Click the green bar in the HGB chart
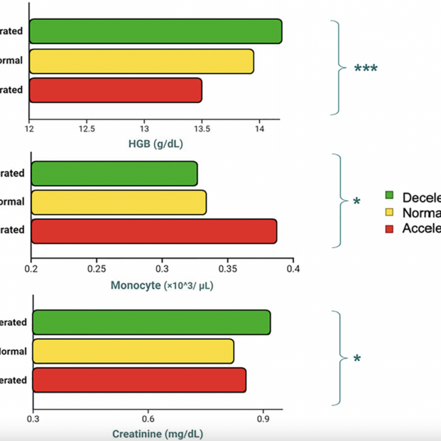[156, 31]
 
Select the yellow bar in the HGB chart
[141, 61]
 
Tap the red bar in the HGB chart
[116, 90]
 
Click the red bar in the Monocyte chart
[154, 231]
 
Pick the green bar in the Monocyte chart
[114, 173]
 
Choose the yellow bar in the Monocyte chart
[119, 202]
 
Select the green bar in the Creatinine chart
[151, 322]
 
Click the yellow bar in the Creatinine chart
[134, 352]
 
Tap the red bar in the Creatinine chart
[139, 380]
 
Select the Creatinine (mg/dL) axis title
[162, 433]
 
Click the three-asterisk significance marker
[366, 70]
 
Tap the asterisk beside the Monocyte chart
[356, 202]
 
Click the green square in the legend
[388, 195]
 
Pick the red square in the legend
[388, 228]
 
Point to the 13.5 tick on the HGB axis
[202, 129]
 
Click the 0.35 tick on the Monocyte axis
[228, 269]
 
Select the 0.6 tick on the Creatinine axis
[148, 418]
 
